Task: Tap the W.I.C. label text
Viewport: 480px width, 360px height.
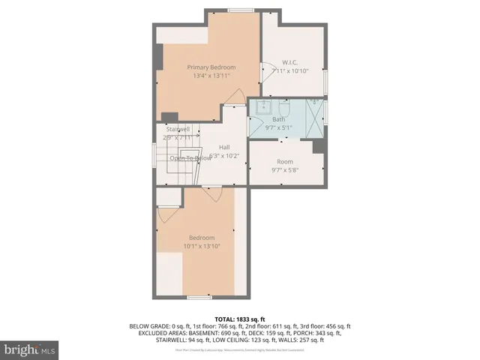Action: tap(291, 61)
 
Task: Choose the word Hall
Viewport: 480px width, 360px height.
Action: tap(224, 147)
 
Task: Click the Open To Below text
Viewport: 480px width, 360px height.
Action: tap(190, 158)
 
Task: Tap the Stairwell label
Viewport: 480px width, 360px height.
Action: tap(177, 129)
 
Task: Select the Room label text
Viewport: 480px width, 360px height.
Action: tap(284, 161)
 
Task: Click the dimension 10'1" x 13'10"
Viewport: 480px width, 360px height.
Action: tap(201, 246)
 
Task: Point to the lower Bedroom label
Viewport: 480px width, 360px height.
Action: tap(201, 238)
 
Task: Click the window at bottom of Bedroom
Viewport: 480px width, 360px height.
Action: tap(199, 297)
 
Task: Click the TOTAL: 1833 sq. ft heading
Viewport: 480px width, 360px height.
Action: tap(240, 319)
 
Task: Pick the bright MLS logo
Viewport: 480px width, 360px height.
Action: tap(30, 349)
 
